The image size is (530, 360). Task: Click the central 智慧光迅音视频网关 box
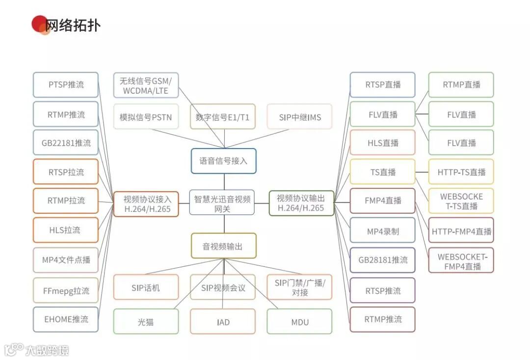pos(222,203)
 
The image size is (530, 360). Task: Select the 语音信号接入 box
pos(223,161)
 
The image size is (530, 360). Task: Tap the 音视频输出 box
pos(223,246)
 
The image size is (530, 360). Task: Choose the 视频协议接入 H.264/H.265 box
pos(147,204)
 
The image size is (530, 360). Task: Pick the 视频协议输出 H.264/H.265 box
pos(301,203)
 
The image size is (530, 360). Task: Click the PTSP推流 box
pos(66,85)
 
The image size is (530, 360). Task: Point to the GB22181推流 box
pos(66,143)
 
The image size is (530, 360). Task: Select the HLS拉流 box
pos(66,230)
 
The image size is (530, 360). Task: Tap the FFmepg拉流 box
pos(66,290)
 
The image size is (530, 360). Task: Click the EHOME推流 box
pos(66,319)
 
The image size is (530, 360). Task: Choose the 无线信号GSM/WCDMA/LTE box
pos(146,85)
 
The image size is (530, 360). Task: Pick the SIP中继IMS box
pos(299,117)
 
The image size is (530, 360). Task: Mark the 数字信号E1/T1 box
pos(223,117)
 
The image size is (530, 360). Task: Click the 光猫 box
pos(146,322)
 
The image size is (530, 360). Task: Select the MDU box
pos(299,322)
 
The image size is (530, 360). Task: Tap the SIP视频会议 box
pos(223,287)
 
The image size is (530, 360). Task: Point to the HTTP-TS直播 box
pos(461,172)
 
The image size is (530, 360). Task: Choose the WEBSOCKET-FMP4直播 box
pos(461,260)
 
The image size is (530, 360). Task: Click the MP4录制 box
pos(382,231)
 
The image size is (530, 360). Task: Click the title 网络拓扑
pos(73,25)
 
